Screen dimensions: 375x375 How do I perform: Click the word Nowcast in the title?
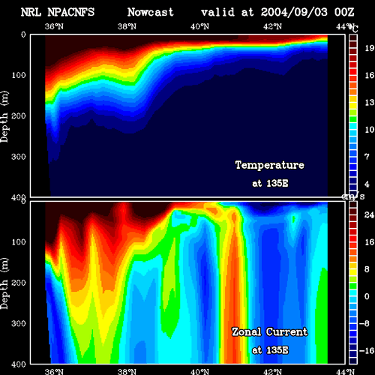[x=151, y=12]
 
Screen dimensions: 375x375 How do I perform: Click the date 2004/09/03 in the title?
[x=294, y=12]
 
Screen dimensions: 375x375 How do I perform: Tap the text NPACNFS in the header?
[x=71, y=12]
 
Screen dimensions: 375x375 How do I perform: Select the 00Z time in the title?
[x=344, y=12]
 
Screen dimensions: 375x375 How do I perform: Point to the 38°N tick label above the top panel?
[x=127, y=26]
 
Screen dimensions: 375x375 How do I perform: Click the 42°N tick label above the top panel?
[x=272, y=26]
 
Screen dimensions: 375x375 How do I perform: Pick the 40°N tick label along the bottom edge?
[x=199, y=371]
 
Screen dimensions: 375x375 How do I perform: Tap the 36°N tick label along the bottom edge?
[x=54, y=371]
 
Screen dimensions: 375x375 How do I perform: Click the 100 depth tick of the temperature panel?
[x=19, y=75]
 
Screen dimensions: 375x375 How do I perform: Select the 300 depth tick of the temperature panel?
[x=19, y=157]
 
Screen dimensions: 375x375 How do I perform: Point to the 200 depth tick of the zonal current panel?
[x=19, y=283]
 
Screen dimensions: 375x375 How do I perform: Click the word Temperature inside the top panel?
[x=270, y=165]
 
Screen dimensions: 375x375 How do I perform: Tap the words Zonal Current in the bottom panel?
[x=270, y=332]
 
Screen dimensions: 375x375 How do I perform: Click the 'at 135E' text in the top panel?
[x=270, y=184]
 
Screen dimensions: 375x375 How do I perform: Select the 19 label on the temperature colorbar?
[x=370, y=48]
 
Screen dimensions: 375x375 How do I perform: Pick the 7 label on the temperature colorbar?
[x=367, y=157]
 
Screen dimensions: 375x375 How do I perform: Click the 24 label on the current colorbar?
[x=369, y=215]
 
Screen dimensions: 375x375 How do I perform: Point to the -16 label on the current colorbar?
[x=367, y=351]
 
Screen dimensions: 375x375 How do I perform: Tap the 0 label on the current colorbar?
[x=367, y=296]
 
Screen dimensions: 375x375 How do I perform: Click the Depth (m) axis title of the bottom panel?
[x=4, y=283]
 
